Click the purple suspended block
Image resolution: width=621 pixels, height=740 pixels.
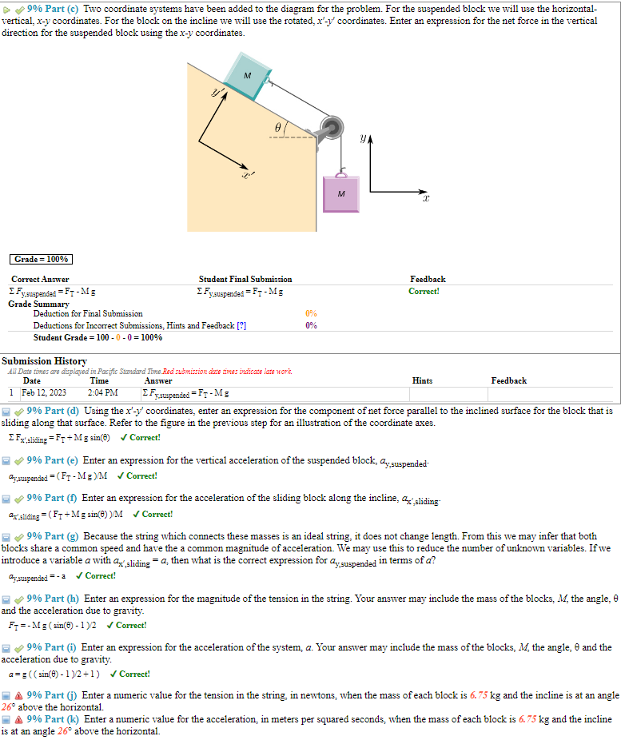pos(341,193)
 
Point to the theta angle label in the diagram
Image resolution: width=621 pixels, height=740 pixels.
pos(277,127)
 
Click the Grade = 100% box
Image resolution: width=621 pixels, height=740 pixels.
pos(42,259)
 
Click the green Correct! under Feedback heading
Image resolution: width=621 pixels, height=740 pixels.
pos(424,291)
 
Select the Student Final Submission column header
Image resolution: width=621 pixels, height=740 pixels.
pos(245,279)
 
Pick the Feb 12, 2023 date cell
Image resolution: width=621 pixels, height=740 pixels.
pos(44,392)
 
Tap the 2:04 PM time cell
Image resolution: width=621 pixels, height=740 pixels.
pos(102,392)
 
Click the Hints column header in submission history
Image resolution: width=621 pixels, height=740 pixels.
pos(423,381)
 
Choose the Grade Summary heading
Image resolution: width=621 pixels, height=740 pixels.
pos(38,304)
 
